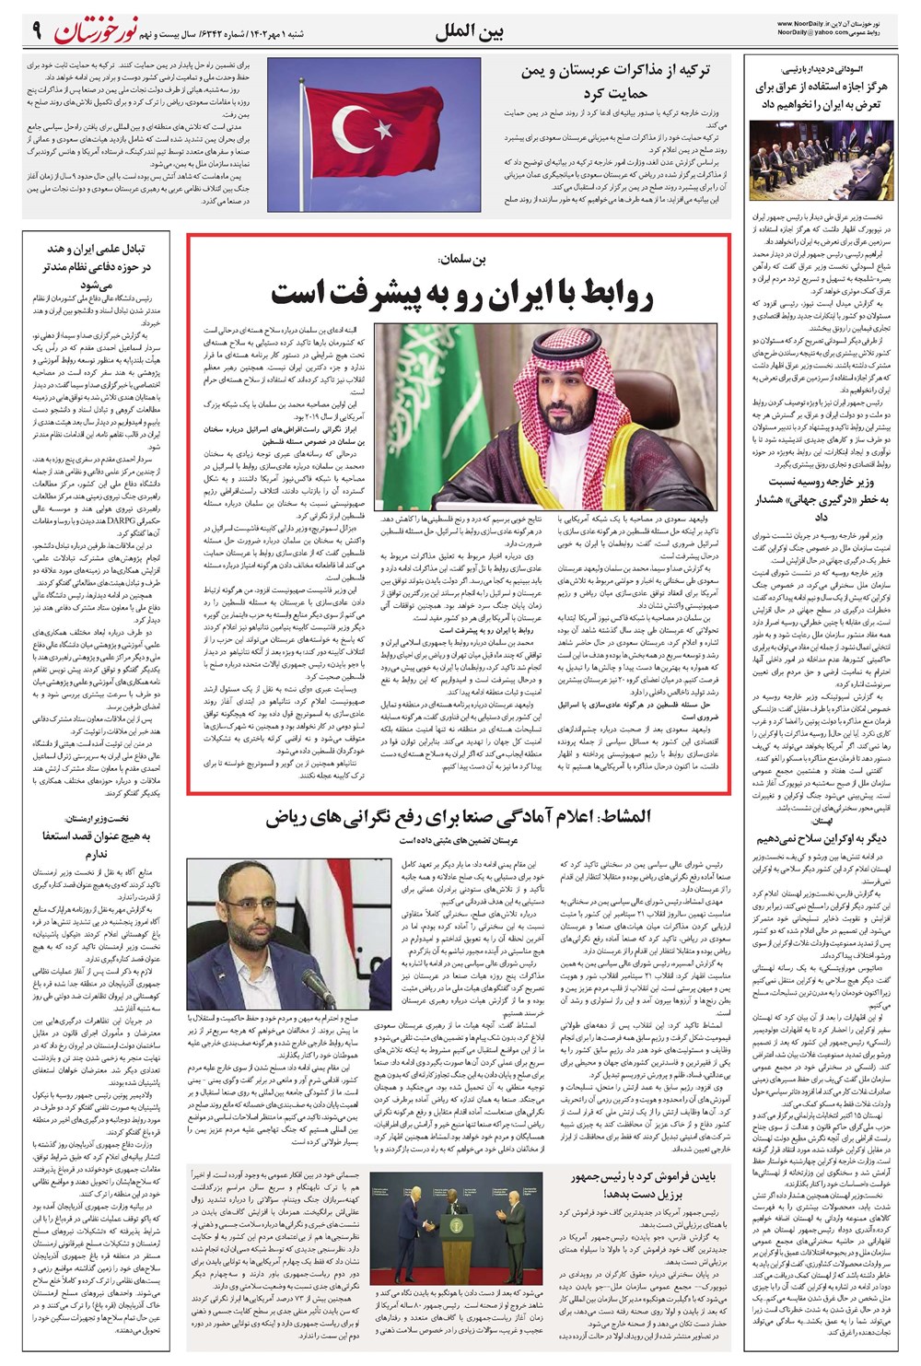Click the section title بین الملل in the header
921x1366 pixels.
click(470, 31)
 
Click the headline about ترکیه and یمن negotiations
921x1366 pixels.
click(615, 81)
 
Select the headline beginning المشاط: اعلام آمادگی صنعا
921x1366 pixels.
click(458, 816)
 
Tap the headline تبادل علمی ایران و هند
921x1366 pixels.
click(95, 267)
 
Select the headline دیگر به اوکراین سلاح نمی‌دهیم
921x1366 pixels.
click(821, 839)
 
